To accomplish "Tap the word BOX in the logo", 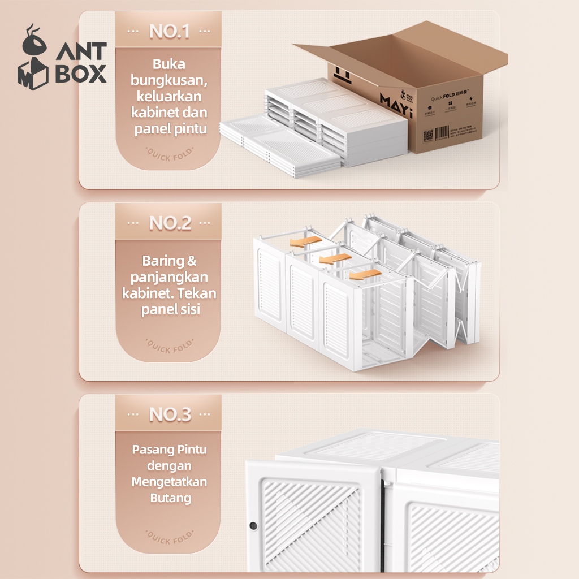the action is (x=81, y=74).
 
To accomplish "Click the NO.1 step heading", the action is (x=169, y=32).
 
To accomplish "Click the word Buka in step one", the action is (x=169, y=64).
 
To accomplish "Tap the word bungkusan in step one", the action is (x=168, y=80).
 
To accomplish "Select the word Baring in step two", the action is (x=163, y=261).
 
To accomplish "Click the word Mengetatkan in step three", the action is (x=169, y=482).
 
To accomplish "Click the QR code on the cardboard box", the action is (x=428, y=136).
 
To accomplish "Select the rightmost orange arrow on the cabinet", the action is (x=366, y=275).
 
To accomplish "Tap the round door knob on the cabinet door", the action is (x=253, y=526).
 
